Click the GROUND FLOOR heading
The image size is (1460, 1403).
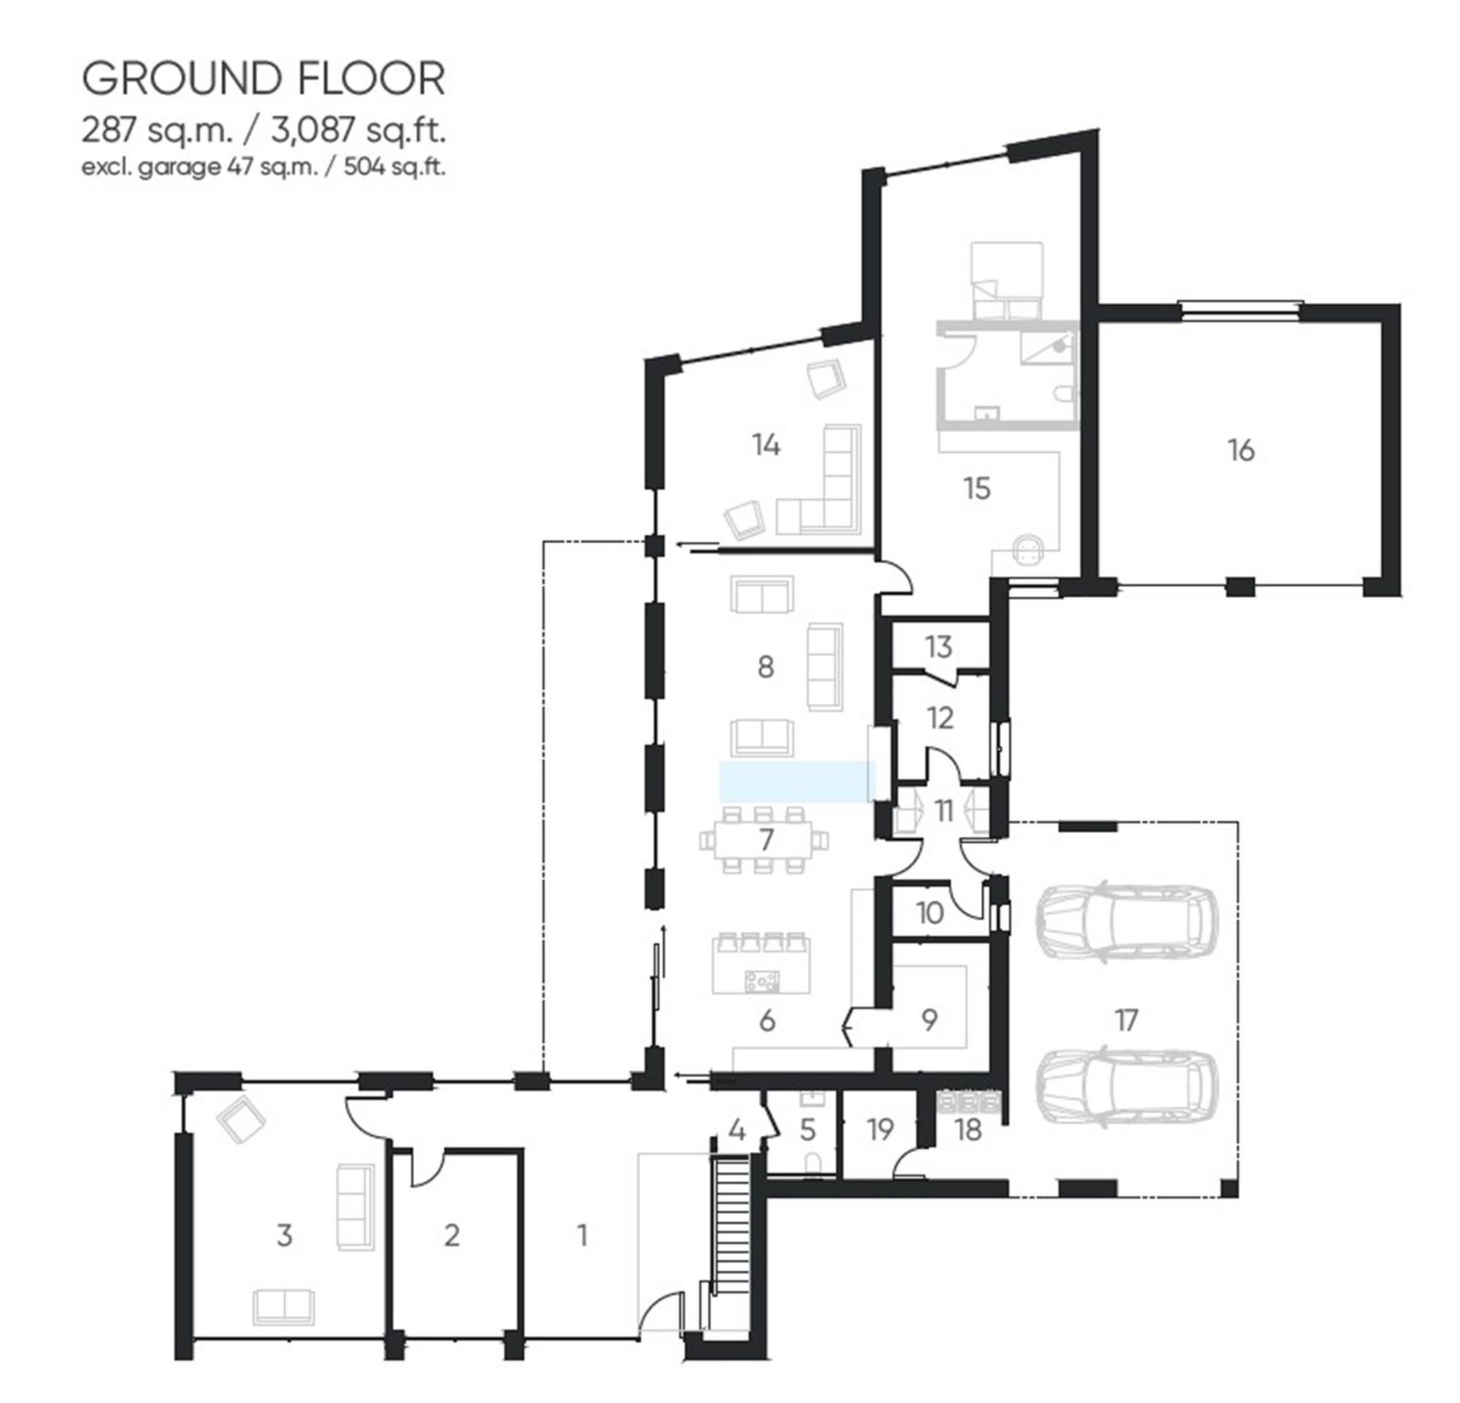point(264,79)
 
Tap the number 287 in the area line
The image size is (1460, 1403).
point(109,131)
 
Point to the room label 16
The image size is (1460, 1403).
point(1241,450)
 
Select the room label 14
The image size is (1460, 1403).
point(766,445)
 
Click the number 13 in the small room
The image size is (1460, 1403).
point(939,647)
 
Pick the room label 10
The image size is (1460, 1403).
point(929,912)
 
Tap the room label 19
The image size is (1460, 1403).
point(880,1130)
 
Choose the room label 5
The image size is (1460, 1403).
point(807,1130)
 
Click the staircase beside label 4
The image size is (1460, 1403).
point(731,1207)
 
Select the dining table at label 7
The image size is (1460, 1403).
point(764,839)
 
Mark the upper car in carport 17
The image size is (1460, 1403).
point(1126,921)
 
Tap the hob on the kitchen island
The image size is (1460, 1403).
point(761,981)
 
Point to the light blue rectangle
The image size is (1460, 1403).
point(797,781)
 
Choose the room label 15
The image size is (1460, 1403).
point(977,488)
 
